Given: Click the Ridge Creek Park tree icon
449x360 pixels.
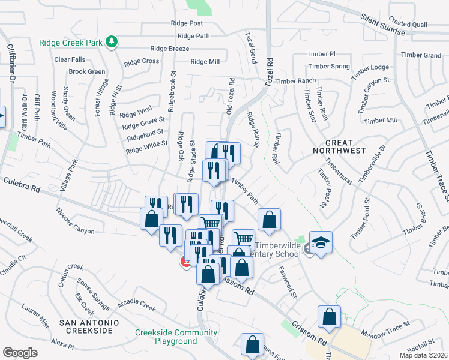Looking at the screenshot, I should (x=111, y=41).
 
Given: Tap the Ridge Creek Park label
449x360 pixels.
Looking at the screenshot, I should (x=71, y=43).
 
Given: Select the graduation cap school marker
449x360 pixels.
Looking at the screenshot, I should (x=321, y=242).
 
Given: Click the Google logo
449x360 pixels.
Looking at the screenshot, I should (x=20, y=353).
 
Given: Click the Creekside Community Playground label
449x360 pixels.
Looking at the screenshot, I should (x=176, y=337).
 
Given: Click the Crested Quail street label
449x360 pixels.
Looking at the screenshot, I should (x=407, y=24).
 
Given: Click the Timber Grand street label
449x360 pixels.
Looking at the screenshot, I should (x=421, y=55).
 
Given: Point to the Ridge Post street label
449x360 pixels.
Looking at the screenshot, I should (x=187, y=23).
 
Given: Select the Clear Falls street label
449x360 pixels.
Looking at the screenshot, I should (x=70, y=59).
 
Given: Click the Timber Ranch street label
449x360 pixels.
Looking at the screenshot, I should (x=296, y=81).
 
